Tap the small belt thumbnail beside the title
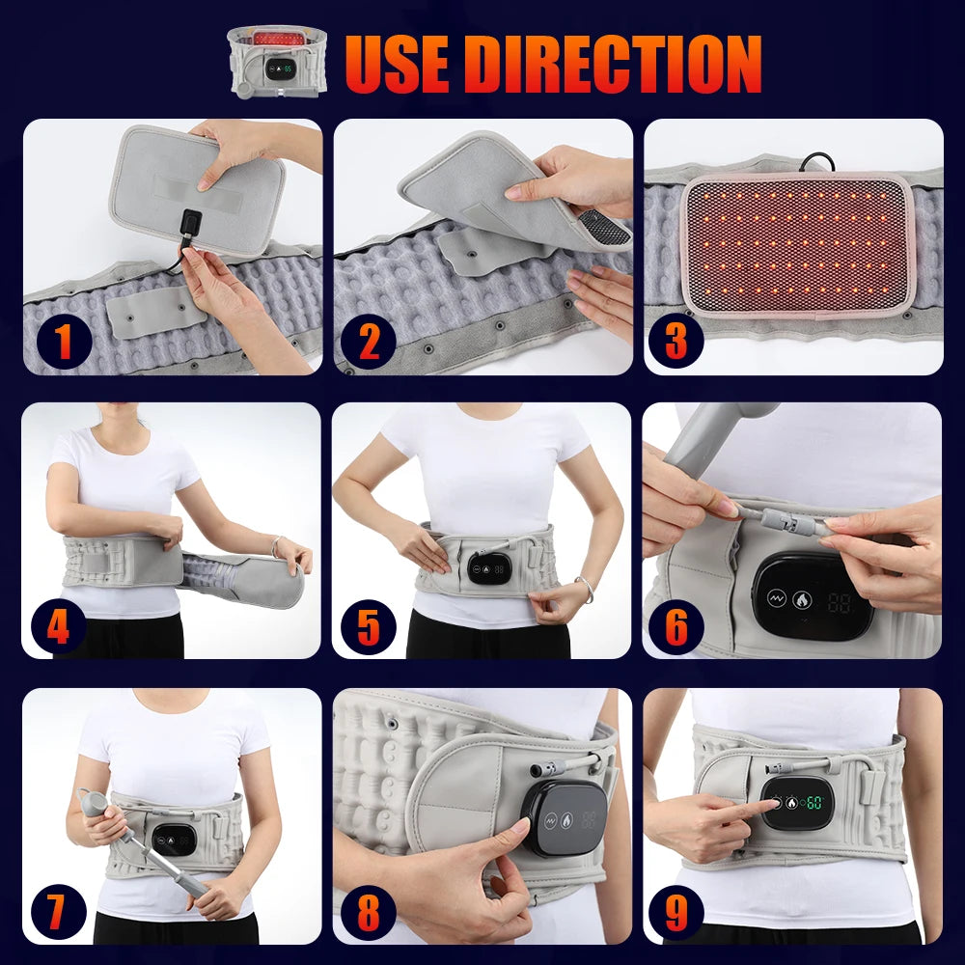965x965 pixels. coord(277,61)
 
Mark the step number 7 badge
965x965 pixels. coord(58,910)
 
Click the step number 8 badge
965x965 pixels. coord(369,910)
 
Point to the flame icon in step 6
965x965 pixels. coord(802,600)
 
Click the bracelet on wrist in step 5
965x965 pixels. coord(585,585)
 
